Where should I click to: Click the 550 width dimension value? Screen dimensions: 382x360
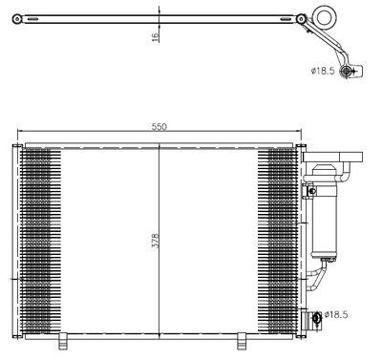click(x=159, y=126)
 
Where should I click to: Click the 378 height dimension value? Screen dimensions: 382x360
click(x=155, y=241)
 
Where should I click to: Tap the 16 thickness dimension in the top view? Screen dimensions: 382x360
click(x=155, y=36)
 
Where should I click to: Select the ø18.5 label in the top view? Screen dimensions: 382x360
click(x=323, y=71)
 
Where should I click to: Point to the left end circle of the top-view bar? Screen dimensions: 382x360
click(x=17, y=19)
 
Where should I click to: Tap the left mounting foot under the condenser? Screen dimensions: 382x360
click(x=63, y=341)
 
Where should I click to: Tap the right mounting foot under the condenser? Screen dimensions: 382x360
click(x=242, y=341)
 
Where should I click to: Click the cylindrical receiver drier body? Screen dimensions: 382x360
click(x=325, y=212)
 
